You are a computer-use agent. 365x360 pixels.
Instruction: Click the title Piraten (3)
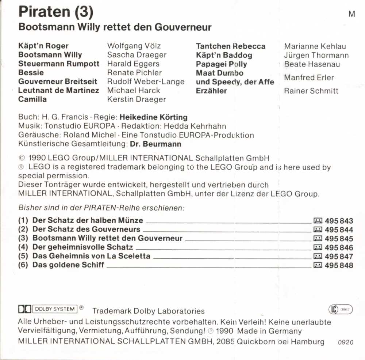coord(56,12)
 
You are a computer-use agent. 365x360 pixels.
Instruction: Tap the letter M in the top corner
coord(352,14)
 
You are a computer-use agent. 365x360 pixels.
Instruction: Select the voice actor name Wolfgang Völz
coord(134,46)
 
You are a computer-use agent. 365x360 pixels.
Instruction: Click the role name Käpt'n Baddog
coord(224,55)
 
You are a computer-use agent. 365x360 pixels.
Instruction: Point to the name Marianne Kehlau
coord(315,46)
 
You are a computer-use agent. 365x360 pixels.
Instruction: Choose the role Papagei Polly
coord(221,64)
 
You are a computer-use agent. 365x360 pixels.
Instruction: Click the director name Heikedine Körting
coord(154,117)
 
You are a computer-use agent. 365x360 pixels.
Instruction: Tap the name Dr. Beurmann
coord(155,144)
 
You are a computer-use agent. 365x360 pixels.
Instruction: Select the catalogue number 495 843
coord(339,221)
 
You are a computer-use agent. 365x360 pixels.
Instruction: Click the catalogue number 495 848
coord(339,265)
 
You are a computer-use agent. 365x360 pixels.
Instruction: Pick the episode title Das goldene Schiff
coord(68,265)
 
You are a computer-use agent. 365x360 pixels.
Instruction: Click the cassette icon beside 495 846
coord(318,248)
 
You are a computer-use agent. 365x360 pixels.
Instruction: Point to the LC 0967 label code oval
coord(341,310)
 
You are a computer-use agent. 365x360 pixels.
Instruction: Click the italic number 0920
coord(346,342)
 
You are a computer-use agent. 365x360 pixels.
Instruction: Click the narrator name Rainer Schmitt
coord(311,91)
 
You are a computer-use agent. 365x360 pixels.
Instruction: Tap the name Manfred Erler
coord(309,77)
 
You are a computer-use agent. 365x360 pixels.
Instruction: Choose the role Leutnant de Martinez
coord(58,90)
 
